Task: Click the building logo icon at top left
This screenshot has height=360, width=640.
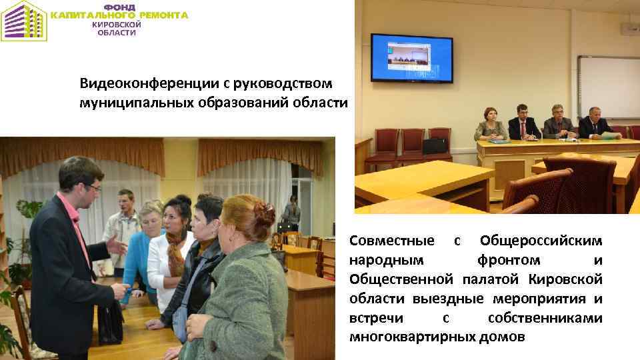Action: click(x=23, y=21)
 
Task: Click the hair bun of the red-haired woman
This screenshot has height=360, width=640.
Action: click(x=265, y=213)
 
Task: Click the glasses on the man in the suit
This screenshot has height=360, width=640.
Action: click(x=93, y=188)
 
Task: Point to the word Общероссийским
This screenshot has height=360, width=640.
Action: click(x=541, y=239)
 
